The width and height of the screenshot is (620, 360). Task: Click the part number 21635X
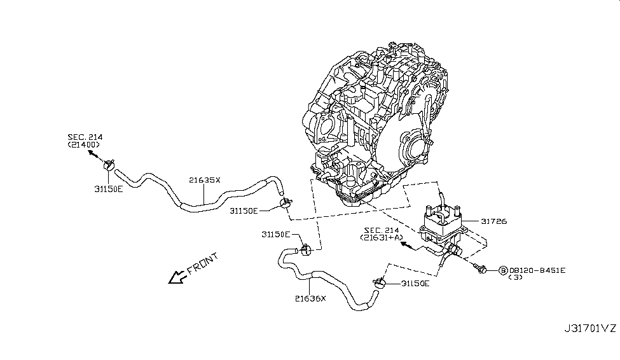click(204, 180)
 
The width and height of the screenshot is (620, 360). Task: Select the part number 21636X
click(310, 297)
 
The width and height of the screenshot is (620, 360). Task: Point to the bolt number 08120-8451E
click(537, 270)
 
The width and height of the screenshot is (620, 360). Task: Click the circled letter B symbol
click(503, 270)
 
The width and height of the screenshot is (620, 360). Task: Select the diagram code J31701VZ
click(589, 328)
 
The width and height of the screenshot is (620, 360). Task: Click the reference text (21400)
click(85, 145)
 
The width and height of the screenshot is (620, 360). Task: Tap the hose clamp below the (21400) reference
click(107, 167)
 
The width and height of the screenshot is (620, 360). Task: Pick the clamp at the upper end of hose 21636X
click(305, 248)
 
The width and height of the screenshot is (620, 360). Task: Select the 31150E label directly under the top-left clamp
click(109, 189)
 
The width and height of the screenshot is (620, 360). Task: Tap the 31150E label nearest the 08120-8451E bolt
click(415, 283)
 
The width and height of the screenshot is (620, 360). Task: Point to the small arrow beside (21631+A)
click(408, 245)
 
